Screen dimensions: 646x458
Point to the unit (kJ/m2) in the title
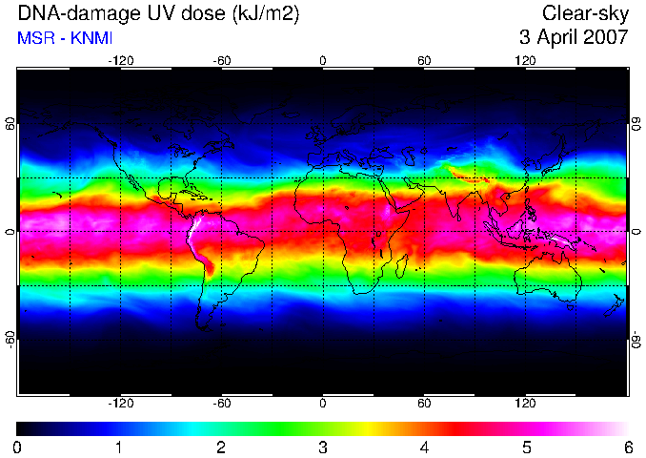tap(265, 14)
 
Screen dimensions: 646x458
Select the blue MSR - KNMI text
tap(65, 38)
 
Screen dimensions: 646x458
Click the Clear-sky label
tap(585, 14)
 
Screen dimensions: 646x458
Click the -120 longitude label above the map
tap(121, 61)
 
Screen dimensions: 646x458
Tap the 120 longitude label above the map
tap(525, 61)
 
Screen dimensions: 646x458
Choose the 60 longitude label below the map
tap(424, 403)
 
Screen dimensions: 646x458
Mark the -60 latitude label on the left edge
tap(10, 340)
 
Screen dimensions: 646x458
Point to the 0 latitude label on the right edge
tap(636, 232)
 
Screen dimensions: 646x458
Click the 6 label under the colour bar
tap(628, 448)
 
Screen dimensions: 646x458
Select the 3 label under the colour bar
tap(323, 448)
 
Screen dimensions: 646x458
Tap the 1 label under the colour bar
tap(119, 448)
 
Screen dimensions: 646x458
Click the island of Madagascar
tap(401, 266)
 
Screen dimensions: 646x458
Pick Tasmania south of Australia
tap(570, 307)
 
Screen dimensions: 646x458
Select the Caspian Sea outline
tap(409, 156)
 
